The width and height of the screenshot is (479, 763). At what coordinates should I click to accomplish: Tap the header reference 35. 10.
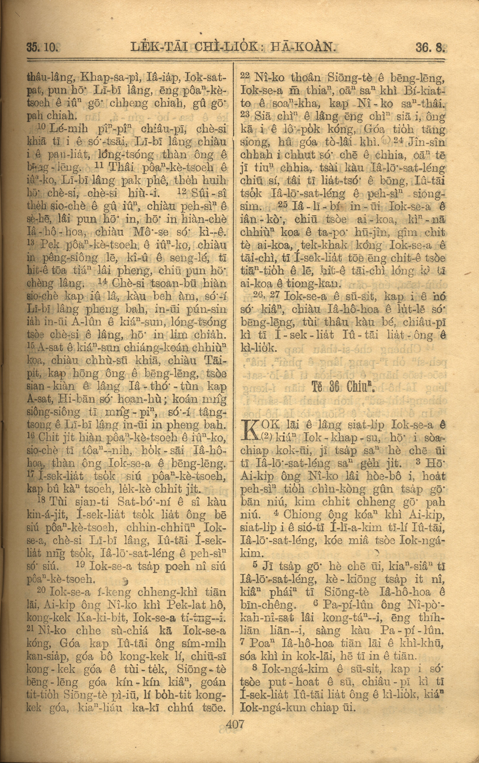(x=41, y=48)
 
